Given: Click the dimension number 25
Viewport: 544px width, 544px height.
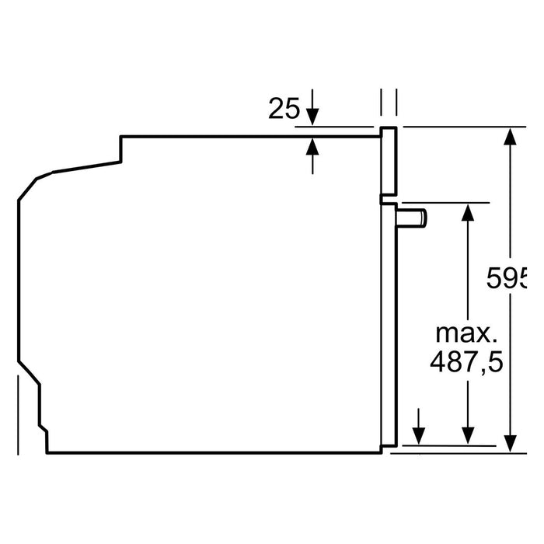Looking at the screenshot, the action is coord(284,109).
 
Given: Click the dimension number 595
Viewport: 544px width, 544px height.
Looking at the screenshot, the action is coord(507,278).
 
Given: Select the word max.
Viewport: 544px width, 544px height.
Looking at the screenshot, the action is coord(466,333).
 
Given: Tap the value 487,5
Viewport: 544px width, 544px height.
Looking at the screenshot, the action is coord(466,361).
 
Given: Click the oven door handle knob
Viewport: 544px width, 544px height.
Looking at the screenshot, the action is coord(411,218).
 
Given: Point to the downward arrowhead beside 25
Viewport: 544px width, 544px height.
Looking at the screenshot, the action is coord(312,117).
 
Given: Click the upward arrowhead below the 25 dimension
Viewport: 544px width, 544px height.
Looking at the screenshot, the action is coord(312,146).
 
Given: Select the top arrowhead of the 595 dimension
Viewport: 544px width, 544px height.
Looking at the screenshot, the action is coord(510,136).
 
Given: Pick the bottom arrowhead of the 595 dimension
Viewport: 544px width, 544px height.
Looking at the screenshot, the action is coord(510,444).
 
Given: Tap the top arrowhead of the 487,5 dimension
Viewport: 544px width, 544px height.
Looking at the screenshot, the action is coord(468,212).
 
